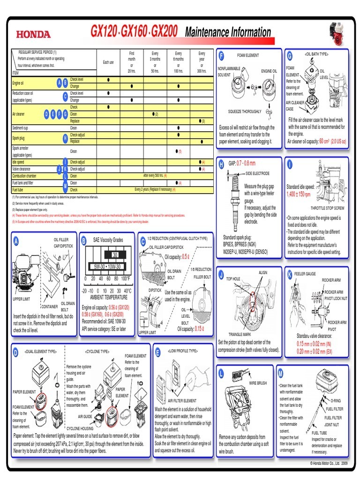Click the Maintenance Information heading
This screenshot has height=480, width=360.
(x=228, y=32)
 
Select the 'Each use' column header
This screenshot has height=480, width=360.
(x=108, y=62)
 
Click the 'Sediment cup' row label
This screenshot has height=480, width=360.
(x=20, y=127)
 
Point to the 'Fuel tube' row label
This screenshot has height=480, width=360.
(x=19, y=190)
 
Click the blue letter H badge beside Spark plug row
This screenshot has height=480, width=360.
(x=65, y=138)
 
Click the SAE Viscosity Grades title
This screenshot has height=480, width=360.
(x=108, y=240)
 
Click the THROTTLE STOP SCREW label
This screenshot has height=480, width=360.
(x=327, y=208)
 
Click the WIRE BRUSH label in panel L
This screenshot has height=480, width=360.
(x=258, y=383)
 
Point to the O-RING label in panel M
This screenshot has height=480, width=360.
(x=336, y=401)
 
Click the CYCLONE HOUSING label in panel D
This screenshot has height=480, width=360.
(x=80, y=428)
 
